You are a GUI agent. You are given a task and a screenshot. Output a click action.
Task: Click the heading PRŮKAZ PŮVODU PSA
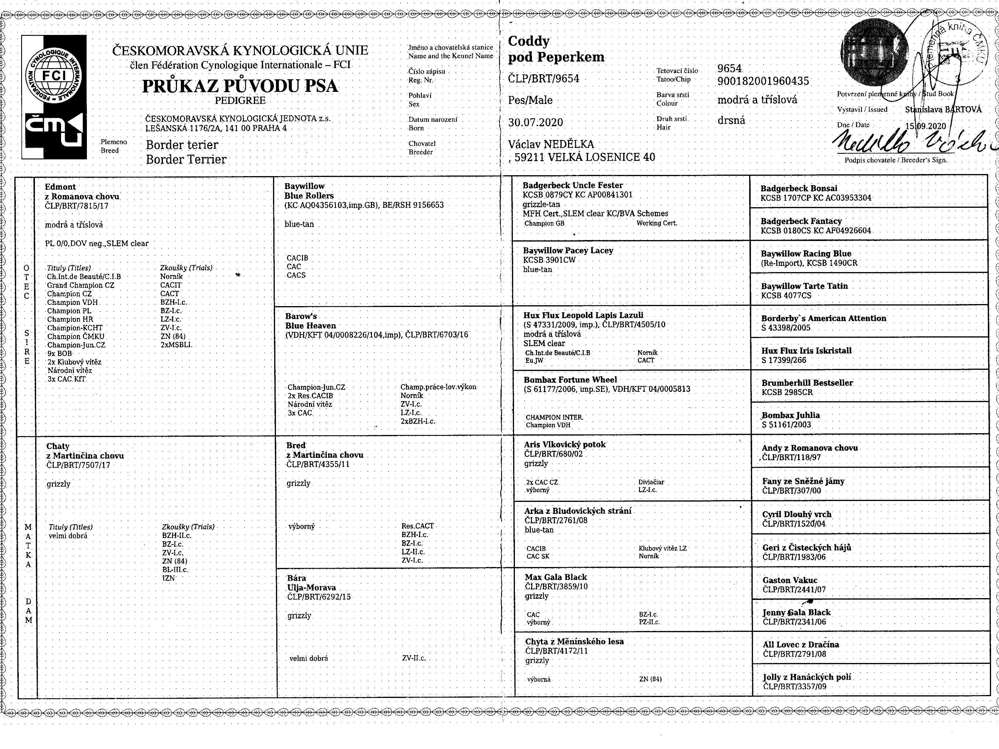click(x=240, y=86)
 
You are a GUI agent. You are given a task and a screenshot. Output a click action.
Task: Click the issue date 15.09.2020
click(x=925, y=126)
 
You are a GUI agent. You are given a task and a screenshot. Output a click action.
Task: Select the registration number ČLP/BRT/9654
click(x=543, y=79)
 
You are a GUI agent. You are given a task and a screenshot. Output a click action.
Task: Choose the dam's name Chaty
click(x=58, y=446)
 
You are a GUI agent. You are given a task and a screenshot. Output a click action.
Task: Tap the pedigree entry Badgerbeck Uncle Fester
click(x=573, y=185)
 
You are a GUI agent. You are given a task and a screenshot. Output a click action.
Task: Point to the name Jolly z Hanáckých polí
click(x=807, y=677)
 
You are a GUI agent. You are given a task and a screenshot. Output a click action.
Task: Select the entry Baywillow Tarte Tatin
click(x=804, y=286)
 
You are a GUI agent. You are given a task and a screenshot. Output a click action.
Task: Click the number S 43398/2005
click(x=786, y=328)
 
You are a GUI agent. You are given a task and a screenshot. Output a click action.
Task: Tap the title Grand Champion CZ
click(x=80, y=285)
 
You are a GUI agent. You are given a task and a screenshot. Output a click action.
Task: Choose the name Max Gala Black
click(x=555, y=577)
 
